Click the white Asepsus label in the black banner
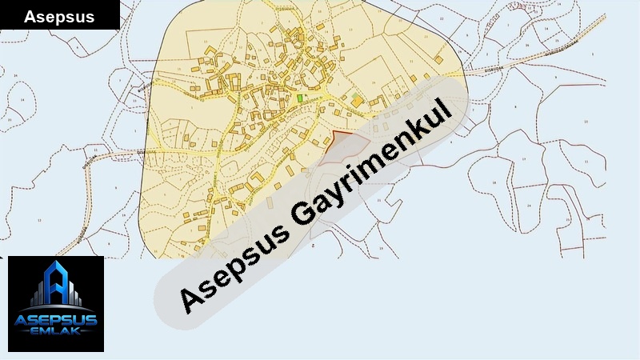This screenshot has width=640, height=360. click(x=59, y=16)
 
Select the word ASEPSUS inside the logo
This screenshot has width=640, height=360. click(x=56, y=322)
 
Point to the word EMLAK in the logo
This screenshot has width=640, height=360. click(x=56, y=334)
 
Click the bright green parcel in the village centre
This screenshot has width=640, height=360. click(x=300, y=98)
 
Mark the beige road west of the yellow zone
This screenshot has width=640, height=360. click(x=112, y=152)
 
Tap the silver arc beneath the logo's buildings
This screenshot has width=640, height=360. click(x=56, y=307)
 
